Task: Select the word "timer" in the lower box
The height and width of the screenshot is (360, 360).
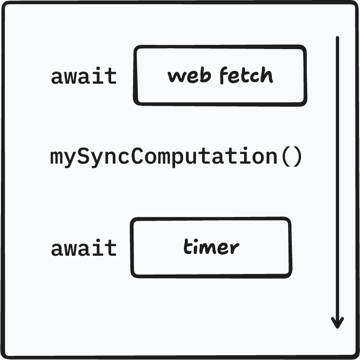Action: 211,247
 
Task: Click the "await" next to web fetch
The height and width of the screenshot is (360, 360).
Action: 84,76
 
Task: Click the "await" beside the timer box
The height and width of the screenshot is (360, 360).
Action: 84,248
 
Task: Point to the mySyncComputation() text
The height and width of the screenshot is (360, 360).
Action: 176,157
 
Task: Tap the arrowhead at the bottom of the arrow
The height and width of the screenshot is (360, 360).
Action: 338,323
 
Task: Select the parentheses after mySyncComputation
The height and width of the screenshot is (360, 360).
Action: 292,157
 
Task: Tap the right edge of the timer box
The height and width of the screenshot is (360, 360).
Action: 290,247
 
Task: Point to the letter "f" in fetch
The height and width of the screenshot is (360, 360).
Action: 224,75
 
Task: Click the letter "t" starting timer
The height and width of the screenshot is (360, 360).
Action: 187,247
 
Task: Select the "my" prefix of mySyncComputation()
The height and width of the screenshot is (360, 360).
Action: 62,158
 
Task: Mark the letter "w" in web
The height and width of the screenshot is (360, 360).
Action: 176,77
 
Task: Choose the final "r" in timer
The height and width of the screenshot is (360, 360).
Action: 235,248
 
